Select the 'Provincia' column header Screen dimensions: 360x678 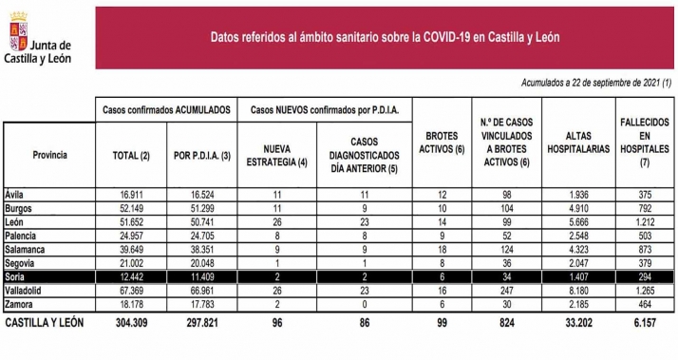49,154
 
